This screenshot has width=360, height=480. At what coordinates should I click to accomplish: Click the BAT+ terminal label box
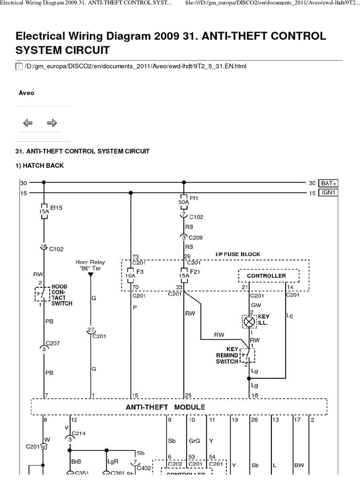[329, 183]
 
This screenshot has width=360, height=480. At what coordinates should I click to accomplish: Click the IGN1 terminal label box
[329, 193]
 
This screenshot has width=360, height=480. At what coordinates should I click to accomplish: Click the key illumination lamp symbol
[248, 322]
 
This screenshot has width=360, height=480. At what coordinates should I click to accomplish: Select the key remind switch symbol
[247, 355]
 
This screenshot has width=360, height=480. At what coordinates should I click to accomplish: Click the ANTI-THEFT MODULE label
[165, 407]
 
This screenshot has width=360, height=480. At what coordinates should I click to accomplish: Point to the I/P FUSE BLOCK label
[238, 255]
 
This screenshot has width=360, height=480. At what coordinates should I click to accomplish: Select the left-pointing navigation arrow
[28, 123]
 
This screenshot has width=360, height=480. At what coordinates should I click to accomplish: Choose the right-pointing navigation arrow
[52, 123]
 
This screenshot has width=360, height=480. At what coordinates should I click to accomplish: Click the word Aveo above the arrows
[26, 93]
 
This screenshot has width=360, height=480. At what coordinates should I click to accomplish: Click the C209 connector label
[196, 238]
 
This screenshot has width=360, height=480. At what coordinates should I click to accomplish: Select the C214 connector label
[79, 434]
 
